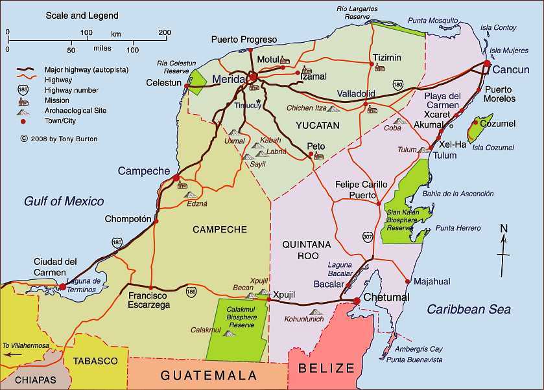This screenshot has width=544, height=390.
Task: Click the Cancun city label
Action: click(511, 69)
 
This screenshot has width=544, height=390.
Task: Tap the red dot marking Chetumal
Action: click(357, 301)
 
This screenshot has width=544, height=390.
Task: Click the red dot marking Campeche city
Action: click(176, 178)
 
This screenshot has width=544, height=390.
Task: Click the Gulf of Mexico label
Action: click(64, 201)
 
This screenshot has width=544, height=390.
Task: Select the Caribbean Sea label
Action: click(468, 310)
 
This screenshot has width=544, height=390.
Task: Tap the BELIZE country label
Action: click(326, 368)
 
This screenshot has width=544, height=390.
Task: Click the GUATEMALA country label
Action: click(209, 375)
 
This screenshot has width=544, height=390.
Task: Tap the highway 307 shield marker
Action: click(368, 237)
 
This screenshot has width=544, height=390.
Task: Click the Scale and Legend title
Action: click(82, 15)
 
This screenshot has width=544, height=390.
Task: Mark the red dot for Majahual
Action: click(407, 281)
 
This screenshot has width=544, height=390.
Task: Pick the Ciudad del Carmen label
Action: click(55, 267)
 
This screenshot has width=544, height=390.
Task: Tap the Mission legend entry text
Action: click(57, 100)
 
